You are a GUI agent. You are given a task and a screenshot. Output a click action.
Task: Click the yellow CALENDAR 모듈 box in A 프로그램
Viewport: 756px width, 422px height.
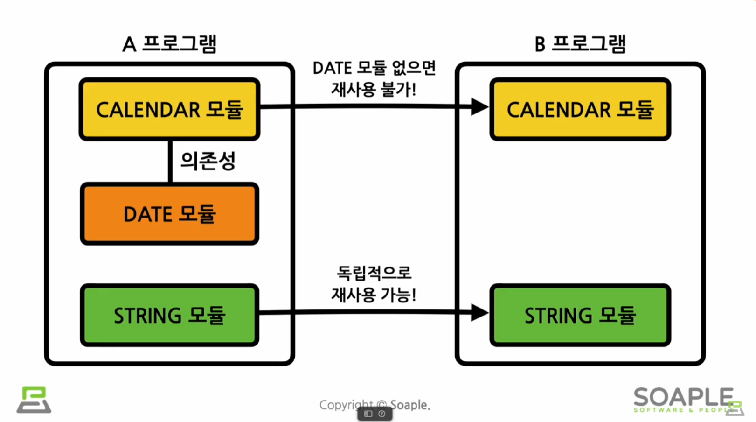[169, 110]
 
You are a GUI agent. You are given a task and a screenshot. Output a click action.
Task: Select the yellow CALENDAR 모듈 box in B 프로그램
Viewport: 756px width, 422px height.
[580, 110]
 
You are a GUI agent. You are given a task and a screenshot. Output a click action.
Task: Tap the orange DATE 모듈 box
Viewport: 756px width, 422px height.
[169, 214]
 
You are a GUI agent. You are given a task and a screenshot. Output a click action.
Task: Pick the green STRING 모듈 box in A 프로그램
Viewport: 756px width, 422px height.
[169, 315]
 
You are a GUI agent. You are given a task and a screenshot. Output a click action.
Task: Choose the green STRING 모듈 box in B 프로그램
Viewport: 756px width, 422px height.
[580, 315]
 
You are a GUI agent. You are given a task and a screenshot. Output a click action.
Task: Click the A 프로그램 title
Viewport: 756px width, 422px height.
[169, 44]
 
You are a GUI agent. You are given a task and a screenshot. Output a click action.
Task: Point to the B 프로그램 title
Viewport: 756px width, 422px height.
[580, 44]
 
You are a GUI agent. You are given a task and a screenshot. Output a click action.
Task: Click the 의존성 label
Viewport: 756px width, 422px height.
[208, 161]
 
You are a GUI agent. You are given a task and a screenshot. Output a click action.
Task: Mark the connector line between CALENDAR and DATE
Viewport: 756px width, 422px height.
[170, 161]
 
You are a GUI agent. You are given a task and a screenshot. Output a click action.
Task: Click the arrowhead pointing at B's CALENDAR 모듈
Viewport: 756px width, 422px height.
[479, 107]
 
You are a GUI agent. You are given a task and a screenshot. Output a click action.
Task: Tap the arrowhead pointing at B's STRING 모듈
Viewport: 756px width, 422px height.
[479, 312]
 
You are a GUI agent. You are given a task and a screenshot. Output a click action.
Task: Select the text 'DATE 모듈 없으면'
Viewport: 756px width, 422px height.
[374, 68]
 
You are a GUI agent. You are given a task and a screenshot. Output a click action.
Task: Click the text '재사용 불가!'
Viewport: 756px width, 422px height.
[374, 89]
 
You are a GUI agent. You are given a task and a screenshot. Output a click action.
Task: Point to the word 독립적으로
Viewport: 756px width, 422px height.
[374, 273]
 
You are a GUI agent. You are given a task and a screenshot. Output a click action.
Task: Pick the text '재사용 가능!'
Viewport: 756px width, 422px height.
[374, 295]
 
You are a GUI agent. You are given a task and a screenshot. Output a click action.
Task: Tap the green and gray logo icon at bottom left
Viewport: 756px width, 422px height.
[34, 400]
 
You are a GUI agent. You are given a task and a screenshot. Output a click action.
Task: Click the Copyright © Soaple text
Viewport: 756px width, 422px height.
[375, 404]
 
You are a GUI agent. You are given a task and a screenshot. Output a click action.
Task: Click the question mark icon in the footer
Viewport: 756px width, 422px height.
[382, 414]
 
